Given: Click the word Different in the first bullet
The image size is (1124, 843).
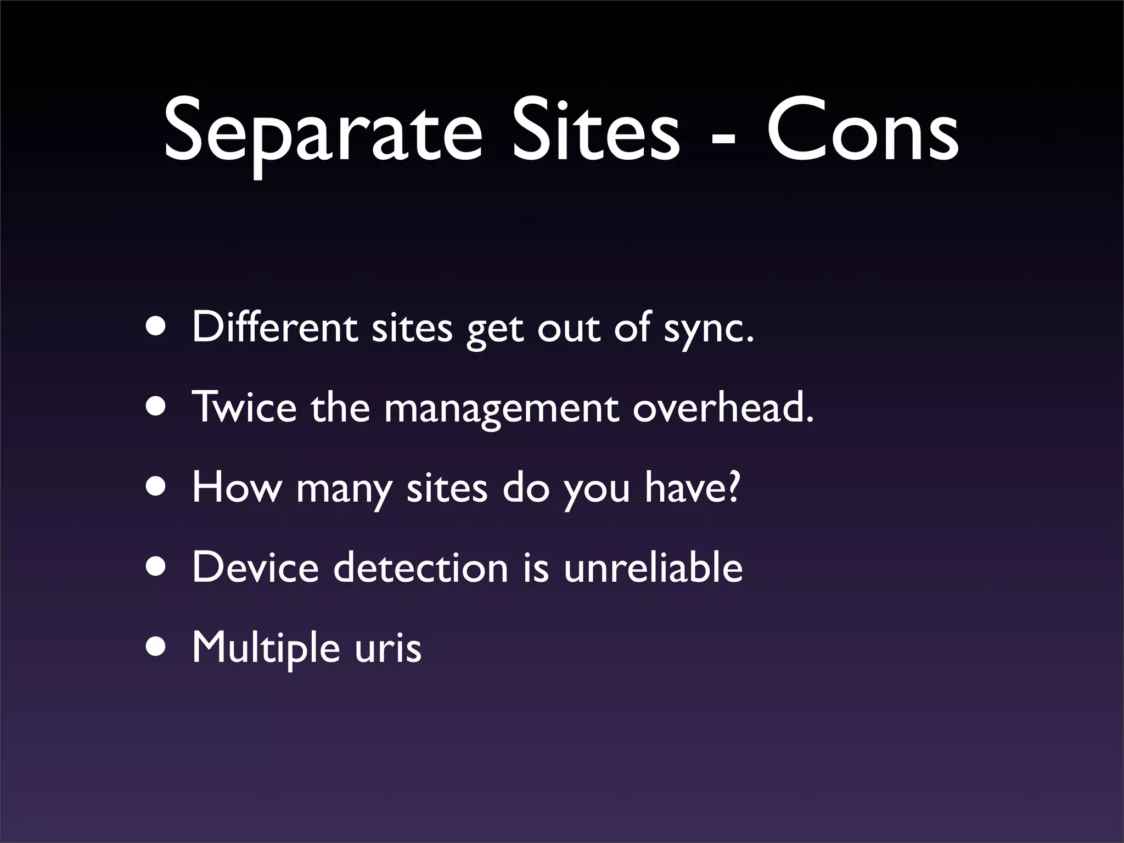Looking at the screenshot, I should (274, 328).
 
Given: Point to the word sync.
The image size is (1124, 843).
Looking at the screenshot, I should (709, 330).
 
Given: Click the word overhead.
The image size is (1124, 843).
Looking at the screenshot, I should (723, 407).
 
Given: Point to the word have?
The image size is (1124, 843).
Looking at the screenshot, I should (693, 487).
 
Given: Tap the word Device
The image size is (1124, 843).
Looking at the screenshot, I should (255, 567).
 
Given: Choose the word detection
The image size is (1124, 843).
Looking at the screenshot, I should (421, 567).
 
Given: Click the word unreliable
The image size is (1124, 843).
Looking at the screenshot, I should (653, 567).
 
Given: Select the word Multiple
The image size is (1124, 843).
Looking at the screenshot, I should (266, 648).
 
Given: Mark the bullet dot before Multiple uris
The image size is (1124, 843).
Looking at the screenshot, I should (158, 648).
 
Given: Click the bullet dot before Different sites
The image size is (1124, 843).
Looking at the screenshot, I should (158, 327).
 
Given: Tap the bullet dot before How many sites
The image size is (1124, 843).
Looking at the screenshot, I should (158, 487).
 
